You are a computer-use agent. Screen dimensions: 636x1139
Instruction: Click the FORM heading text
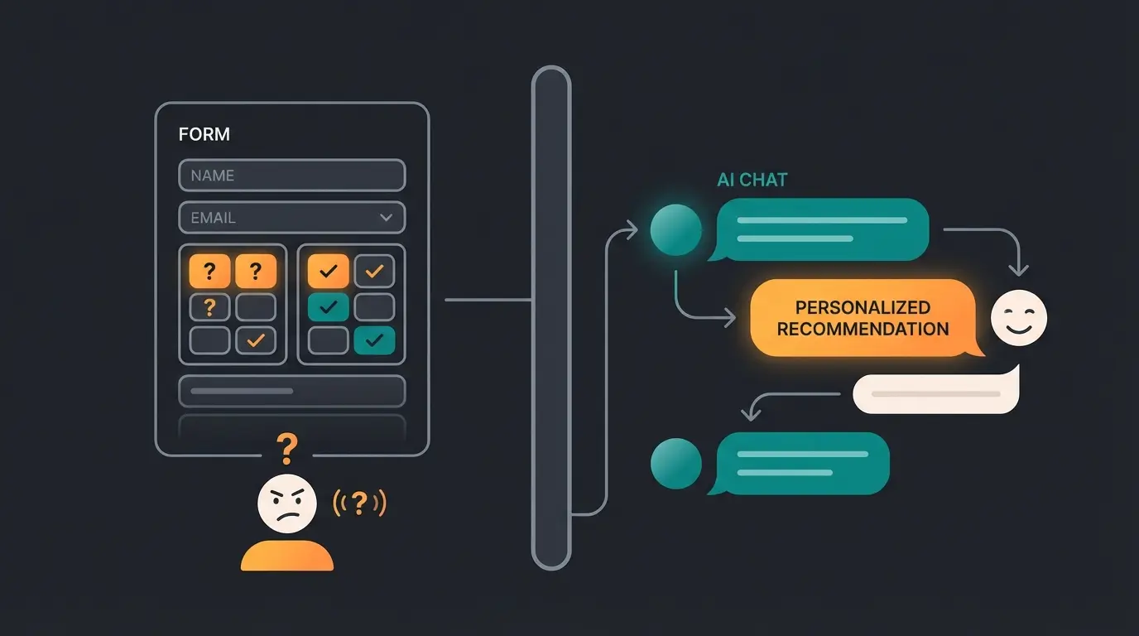point(204,134)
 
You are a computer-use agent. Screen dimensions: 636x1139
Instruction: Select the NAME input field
point(291,176)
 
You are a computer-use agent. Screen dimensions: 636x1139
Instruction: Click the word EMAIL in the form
point(213,218)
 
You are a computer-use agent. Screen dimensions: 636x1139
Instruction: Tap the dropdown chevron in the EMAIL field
point(386,218)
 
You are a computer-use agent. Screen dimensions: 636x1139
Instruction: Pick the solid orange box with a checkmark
point(329,271)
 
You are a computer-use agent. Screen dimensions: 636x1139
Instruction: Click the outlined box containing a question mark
point(209,307)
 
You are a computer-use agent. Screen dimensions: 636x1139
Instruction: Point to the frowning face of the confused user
point(286,503)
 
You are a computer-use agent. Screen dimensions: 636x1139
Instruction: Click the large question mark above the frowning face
point(287,448)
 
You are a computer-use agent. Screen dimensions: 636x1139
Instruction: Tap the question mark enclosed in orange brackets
point(359,503)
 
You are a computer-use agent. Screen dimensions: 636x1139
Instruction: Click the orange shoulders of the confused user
point(286,556)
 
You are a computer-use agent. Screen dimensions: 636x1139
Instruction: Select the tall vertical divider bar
point(551,318)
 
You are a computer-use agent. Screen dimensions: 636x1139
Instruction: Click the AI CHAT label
point(752,180)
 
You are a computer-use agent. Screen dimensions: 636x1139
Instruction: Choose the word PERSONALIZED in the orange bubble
point(863,307)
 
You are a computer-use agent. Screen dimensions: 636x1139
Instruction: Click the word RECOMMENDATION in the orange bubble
point(863,329)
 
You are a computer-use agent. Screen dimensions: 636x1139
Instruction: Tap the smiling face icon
point(1019,318)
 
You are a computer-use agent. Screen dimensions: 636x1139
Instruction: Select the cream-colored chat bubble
point(935,393)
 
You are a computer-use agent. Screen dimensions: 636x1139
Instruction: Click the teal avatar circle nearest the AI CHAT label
point(676,229)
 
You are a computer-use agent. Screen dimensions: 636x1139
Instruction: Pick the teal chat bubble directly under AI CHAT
point(821,229)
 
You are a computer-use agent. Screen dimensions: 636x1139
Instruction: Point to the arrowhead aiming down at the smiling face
point(1020,270)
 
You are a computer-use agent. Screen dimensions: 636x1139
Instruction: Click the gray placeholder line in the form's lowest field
point(242,391)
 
